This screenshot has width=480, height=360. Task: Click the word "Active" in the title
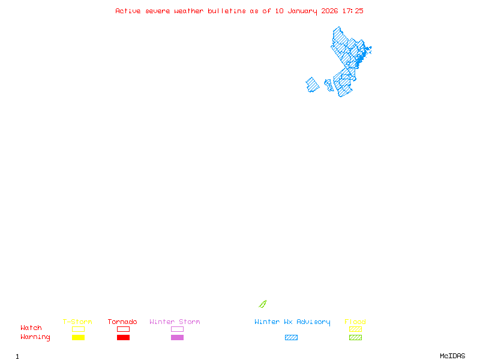128,11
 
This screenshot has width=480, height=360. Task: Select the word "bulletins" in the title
227,11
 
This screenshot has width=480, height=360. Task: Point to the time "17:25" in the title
353,11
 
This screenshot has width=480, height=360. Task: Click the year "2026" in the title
329,11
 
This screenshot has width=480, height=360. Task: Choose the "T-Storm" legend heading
77,322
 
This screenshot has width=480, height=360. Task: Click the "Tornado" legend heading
122,322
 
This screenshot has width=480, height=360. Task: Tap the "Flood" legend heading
355,322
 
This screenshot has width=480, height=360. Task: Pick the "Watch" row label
31,328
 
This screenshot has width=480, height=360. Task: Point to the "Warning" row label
35,337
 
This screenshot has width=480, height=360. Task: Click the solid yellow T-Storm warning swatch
78,337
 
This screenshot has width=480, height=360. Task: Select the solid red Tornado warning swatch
123,337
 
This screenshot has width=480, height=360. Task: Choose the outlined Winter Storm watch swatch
177,329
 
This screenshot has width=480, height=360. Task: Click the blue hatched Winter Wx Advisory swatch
291,337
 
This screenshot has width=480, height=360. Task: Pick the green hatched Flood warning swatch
355,337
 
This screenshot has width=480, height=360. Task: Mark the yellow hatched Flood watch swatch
355,329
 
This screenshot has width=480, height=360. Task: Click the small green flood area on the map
262,304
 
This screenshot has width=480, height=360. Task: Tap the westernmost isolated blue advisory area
312,85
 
